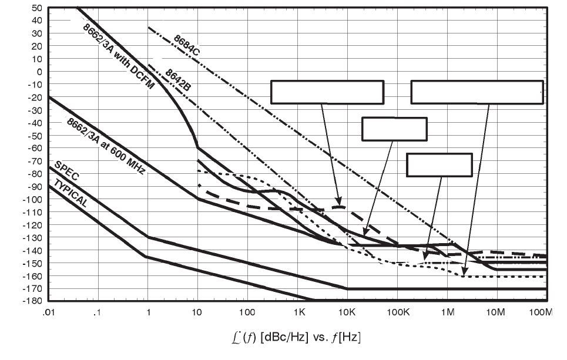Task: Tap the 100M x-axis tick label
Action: (x=541, y=312)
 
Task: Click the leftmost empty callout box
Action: (x=327, y=92)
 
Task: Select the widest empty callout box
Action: (x=477, y=92)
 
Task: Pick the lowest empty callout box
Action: (x=439, y=165)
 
